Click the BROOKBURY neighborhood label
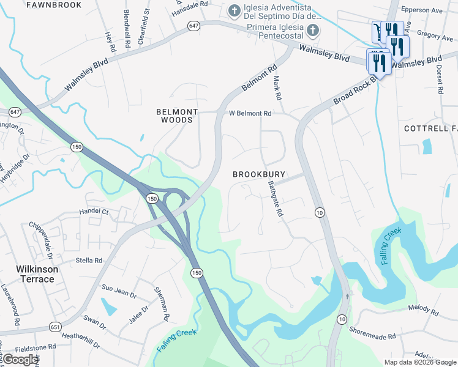pos(259,174)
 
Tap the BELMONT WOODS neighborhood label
pos(177,116)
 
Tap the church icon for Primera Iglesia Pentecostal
pos(312,31)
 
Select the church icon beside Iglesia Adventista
pos(234,10)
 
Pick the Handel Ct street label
pos(93,212)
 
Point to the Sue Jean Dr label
pos(119,291)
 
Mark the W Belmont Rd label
pos(250,113)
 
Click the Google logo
pos(20,360)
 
